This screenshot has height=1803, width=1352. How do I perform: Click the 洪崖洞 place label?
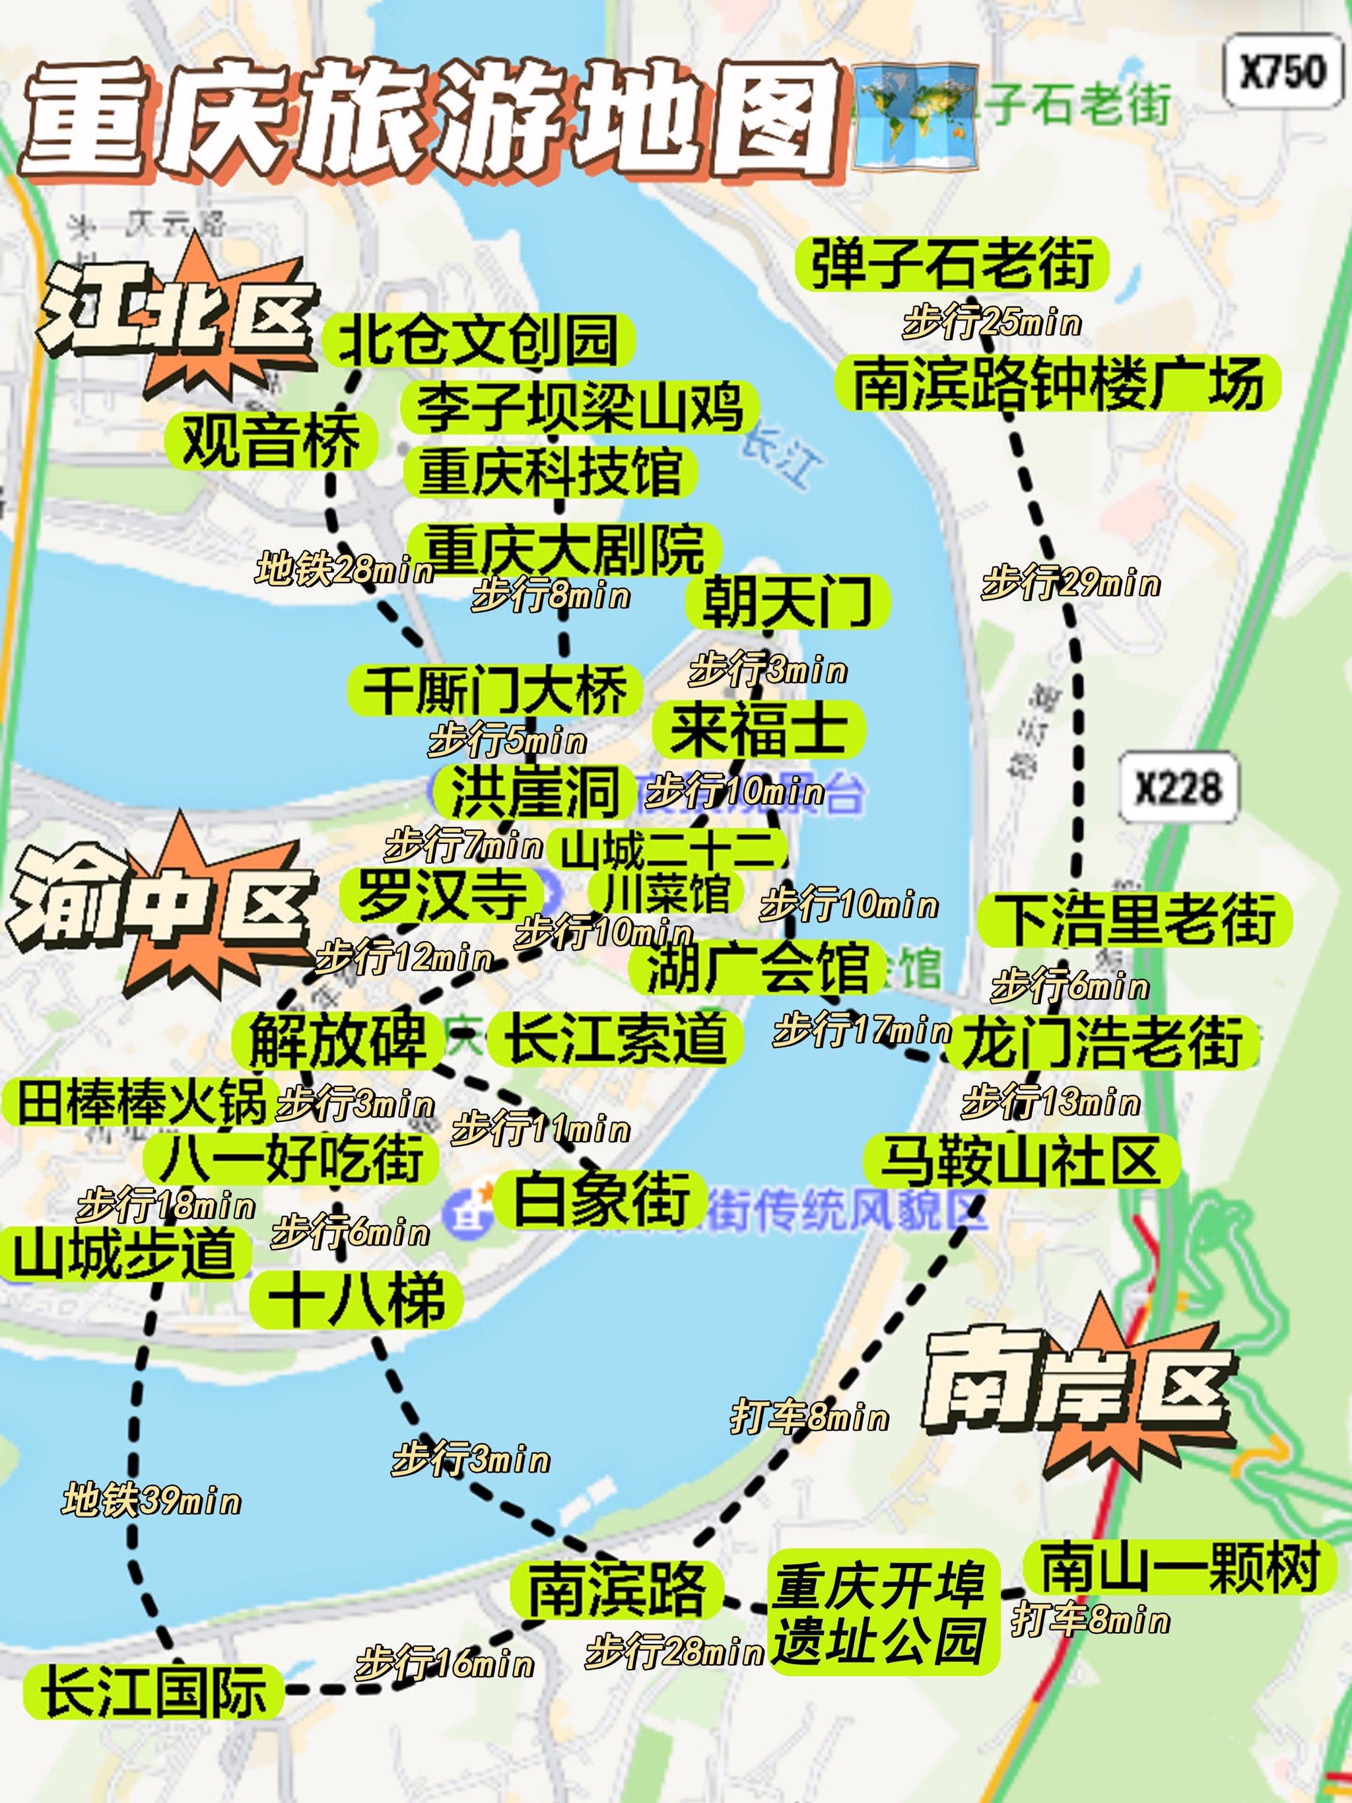coord(534,791)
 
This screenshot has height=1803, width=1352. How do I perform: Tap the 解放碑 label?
coord(337,1040)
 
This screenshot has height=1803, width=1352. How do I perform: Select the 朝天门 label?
coord(786,602)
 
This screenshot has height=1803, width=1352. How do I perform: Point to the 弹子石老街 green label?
coord(953,264)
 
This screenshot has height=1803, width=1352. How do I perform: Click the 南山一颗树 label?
coord(1179,1567)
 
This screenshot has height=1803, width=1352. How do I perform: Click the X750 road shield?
coord(1283,72)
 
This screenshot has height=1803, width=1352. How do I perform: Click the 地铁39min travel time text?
coord(152,1501)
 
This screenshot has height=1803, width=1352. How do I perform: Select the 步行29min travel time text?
coord(1071,584)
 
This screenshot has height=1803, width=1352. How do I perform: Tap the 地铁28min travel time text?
coord(344,569)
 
